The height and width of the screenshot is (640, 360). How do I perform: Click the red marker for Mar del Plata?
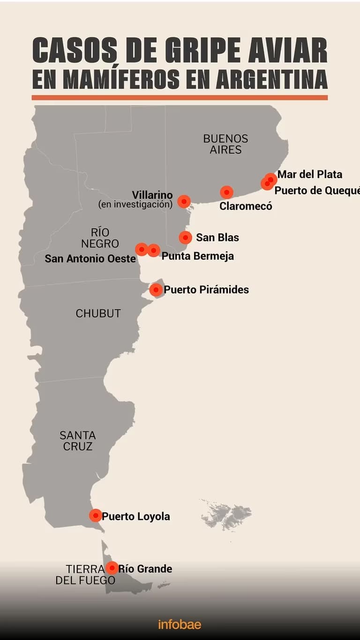[x=271, y=179]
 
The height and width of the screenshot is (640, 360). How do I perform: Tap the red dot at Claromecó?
[x=226, y=192]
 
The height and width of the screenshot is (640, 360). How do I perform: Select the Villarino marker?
[x=184, y=201]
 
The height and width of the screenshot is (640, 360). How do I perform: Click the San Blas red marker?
[x=185, y=237]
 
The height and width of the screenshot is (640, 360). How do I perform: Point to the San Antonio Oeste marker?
[x=142, y=249]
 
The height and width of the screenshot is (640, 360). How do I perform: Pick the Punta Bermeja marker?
[x=154, y=250]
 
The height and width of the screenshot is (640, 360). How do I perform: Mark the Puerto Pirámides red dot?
[x=156, y=290]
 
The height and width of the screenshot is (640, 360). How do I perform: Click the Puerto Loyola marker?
[x=96, y=515]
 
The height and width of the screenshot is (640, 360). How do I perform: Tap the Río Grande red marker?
[x=112, y=568]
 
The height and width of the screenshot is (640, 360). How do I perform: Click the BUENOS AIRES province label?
[x=225, y=144]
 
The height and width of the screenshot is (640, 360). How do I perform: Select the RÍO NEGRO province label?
[x=100, y=238]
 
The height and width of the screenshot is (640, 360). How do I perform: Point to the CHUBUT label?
[x=98, y=314]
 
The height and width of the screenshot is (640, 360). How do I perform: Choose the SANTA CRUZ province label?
[x=78, y=441]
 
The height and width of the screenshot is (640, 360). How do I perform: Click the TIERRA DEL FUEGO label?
[x=85, y=574]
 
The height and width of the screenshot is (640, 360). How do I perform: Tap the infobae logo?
[x=180, y=624]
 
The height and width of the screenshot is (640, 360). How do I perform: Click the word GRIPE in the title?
[x=188, y=51]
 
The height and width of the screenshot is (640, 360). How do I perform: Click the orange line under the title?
[x=180, y=98]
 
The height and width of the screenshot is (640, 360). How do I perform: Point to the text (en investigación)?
[x=135, y=204]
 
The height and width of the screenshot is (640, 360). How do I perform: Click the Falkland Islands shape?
[x=227, y=516]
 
